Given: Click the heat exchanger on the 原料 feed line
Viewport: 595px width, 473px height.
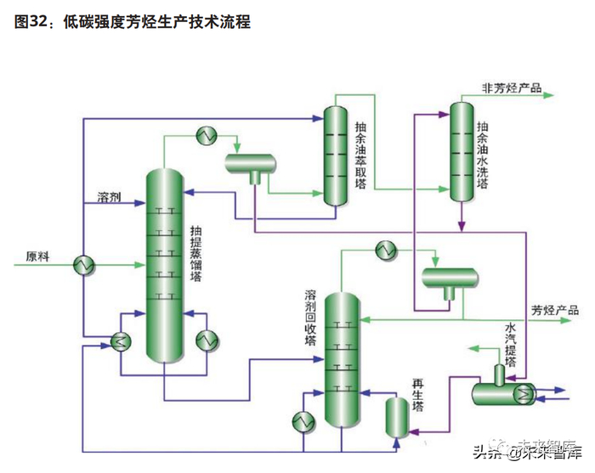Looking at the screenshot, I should [83, 265].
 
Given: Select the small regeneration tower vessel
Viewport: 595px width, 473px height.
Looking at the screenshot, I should [395, 416].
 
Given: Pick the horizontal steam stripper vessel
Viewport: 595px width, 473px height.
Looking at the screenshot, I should [502, 391].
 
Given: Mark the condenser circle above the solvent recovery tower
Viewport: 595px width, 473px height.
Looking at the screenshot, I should [387, 250].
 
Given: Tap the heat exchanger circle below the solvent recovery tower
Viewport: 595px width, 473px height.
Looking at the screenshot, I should [303, 420].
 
